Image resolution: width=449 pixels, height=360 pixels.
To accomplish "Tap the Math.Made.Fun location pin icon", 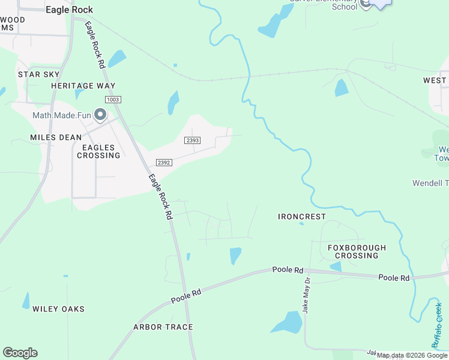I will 100,114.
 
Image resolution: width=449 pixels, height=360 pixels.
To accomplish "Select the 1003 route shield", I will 112,99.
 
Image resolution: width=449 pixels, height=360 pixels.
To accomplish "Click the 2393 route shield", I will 191,140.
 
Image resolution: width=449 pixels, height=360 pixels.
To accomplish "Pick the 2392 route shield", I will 164,163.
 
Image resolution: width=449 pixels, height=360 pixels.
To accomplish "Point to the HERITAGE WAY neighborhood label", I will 83,86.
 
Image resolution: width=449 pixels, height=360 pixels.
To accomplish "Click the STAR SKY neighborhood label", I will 38,74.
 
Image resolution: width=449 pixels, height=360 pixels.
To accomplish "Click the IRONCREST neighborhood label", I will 302,216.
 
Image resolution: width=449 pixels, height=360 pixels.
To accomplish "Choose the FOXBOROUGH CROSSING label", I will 357,251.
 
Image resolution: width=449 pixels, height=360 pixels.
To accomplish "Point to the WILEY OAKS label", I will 58,309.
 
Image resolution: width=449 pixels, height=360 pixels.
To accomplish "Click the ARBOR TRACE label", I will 163,327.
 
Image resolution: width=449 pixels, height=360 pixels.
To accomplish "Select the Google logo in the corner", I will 20,353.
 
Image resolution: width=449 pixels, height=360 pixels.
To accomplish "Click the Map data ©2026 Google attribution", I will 412,356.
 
